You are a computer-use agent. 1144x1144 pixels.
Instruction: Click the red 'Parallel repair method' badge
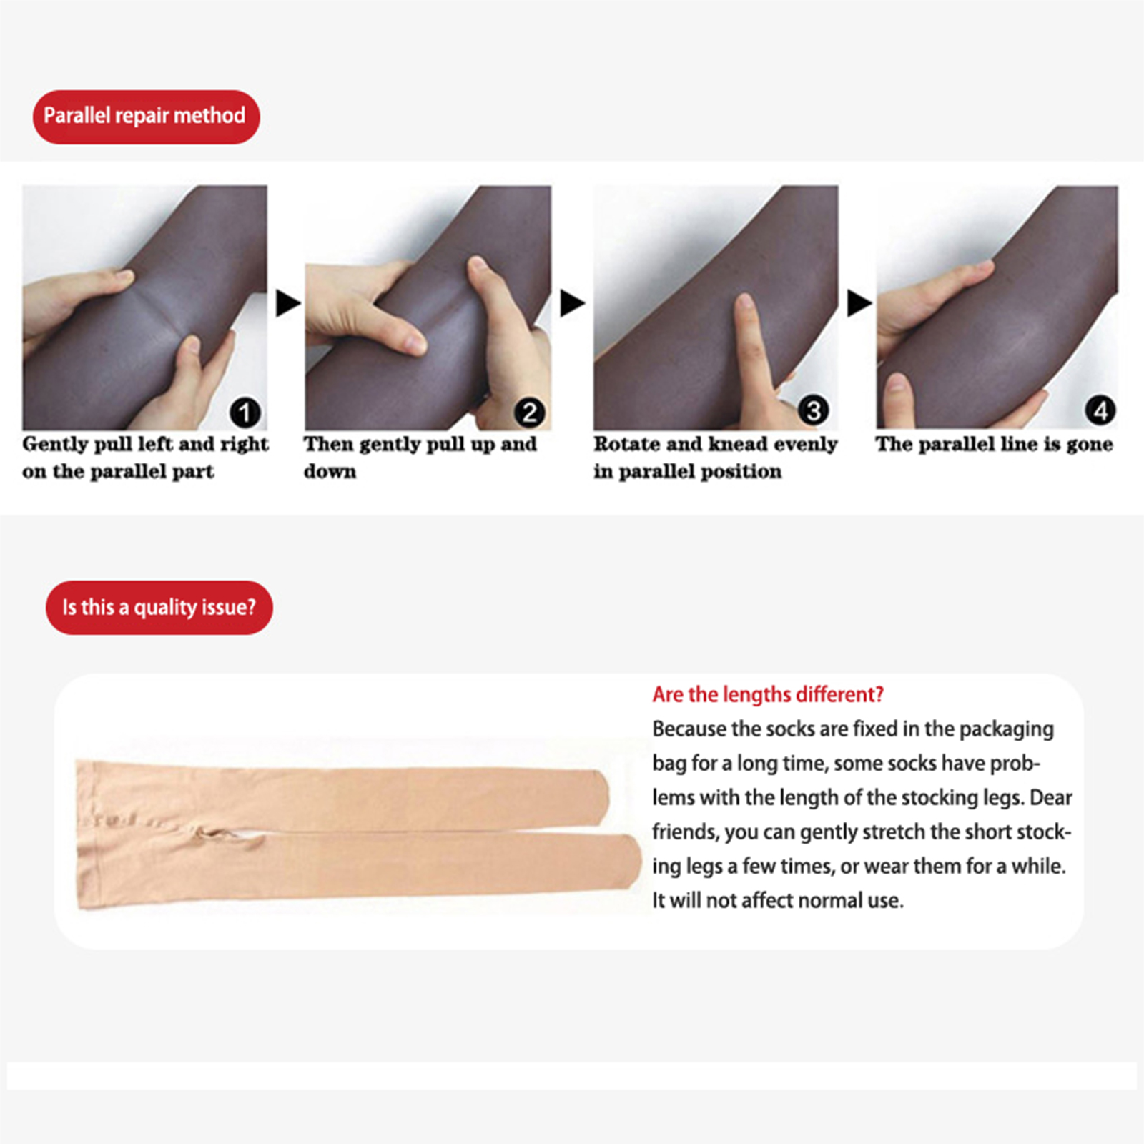146,117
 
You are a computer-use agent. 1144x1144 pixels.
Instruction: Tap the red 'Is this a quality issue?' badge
159,608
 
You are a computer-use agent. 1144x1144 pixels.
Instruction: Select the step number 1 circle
245,413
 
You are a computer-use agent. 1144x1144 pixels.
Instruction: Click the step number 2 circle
530,413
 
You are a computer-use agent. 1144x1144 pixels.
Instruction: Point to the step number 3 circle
814,410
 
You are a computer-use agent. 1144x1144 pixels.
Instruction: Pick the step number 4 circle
1100,410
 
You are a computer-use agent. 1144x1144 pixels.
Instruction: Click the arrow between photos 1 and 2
287,303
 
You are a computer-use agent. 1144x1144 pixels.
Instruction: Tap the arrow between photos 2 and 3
572,303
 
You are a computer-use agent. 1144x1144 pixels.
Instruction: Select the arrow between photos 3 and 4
859,303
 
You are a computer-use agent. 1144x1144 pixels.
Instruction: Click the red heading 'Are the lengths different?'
768,695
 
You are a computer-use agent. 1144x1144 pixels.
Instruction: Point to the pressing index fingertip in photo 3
744,304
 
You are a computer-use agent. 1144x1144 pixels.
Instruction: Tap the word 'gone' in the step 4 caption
1090,445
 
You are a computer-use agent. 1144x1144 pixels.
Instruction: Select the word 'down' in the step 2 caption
330,472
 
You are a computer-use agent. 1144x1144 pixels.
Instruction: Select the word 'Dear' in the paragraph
1051,797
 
